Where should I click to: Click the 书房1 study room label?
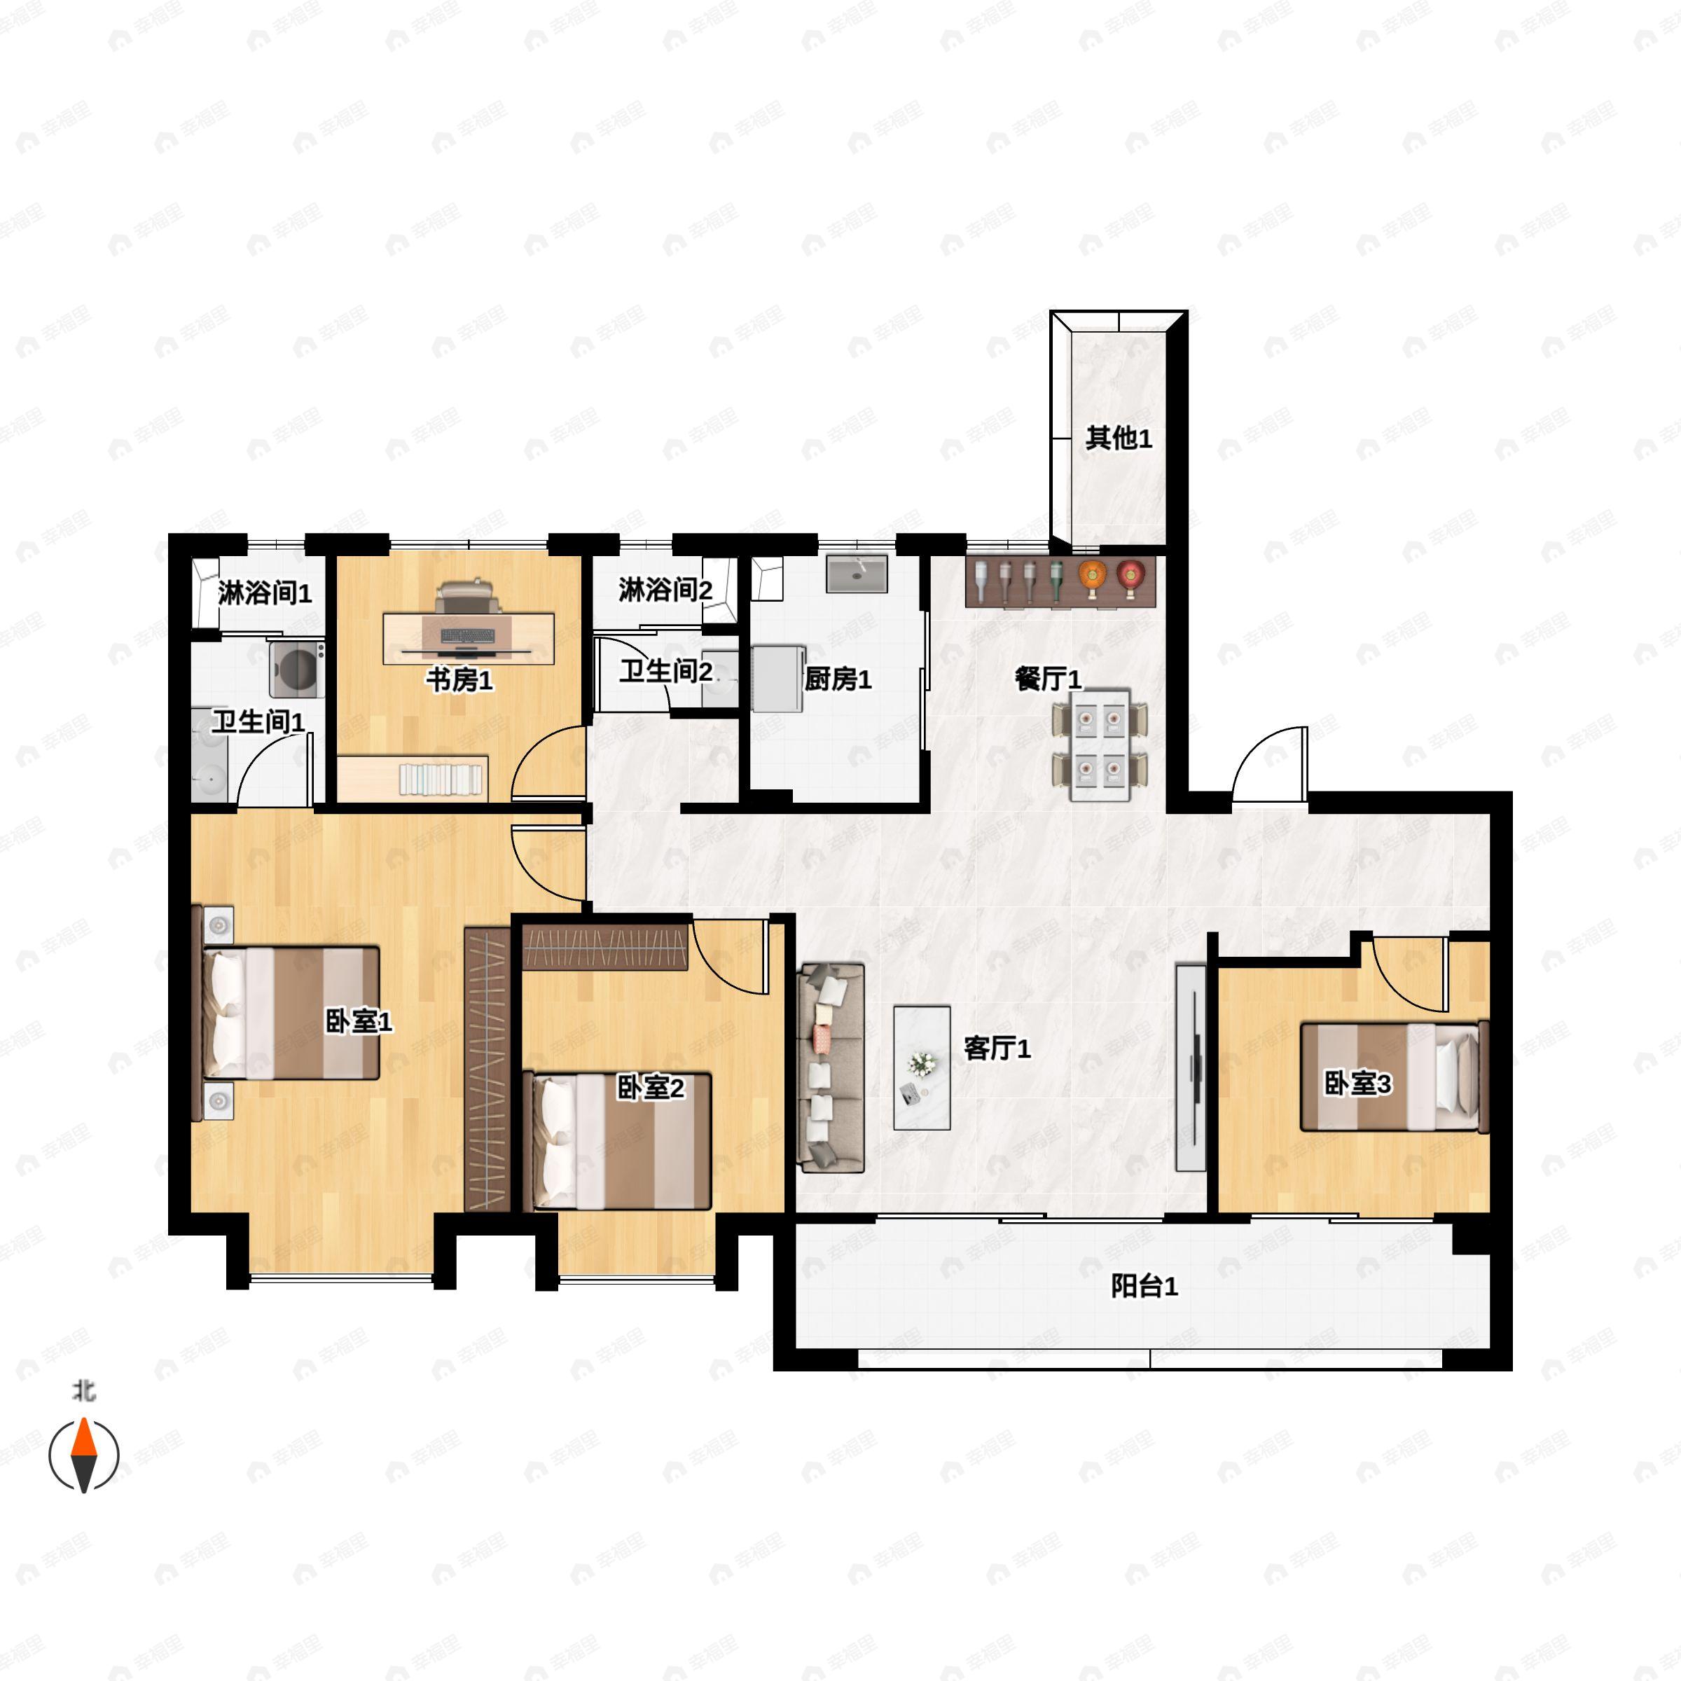pos(459,679)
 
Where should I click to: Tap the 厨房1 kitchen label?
pos(837,679)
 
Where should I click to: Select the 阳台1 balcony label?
pos(1144,1286)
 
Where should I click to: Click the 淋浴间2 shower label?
pos(665,590)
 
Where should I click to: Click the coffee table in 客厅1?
pos(922,1067)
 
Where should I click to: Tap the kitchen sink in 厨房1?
pos(857,574)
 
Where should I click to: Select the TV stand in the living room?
pos(1190,1067)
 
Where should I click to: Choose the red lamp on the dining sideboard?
pos(1131,576)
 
